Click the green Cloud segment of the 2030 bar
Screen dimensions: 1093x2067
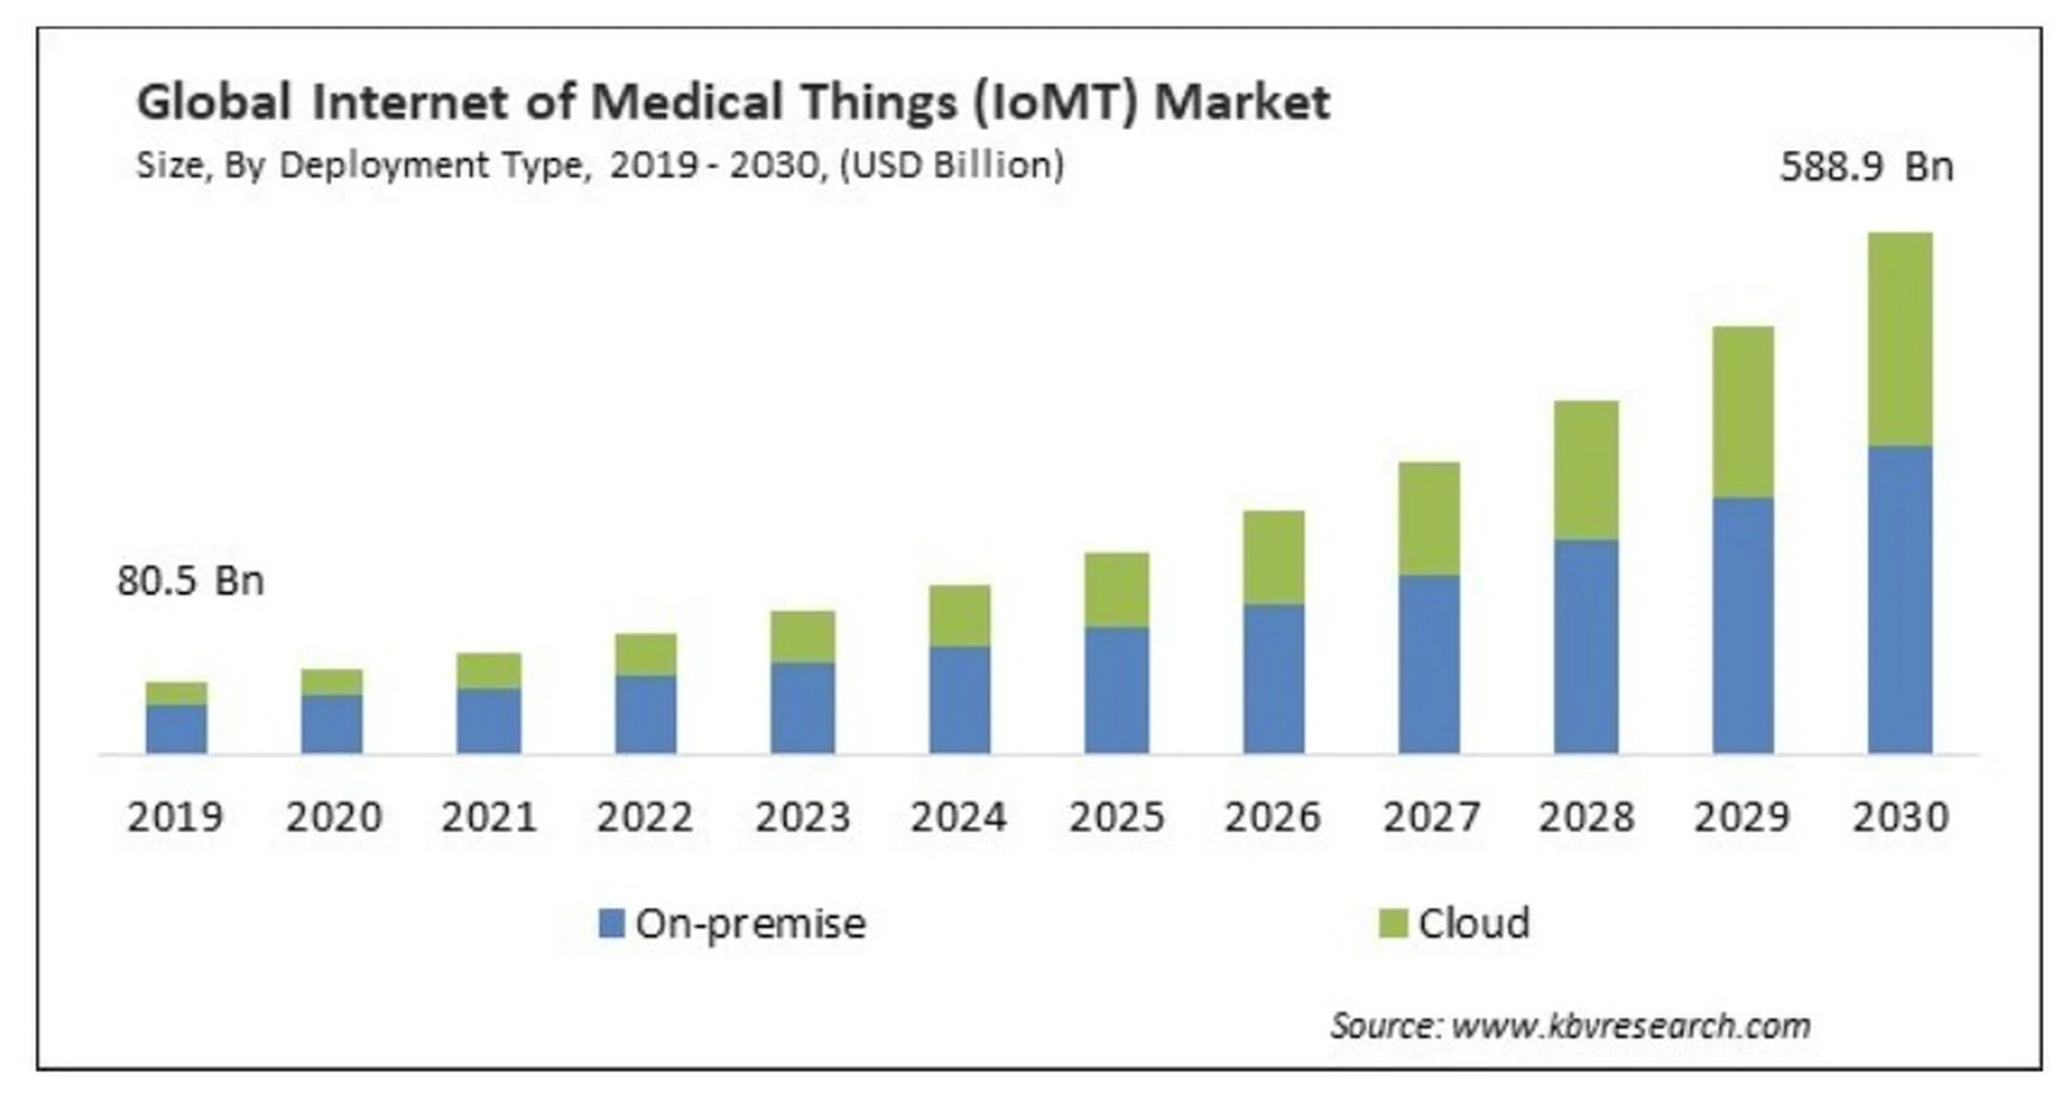click(x=1899, y=339)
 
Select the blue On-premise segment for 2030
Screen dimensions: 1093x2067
click(x=1899, y=599)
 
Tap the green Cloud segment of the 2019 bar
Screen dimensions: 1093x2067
click(x=176, y=693)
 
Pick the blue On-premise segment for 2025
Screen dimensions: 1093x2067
click(x=1116, y=689)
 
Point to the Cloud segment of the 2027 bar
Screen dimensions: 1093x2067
click(x=1429, y=519)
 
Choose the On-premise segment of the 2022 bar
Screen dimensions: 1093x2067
click(x=645, y=714)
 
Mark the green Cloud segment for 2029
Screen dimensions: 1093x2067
click(x=1743, y=412)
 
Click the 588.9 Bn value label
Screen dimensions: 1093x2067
click(x=1866, y=167)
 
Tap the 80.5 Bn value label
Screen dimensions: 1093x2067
click(x=190, y=580)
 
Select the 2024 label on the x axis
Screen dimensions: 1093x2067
click(x=958, y=817)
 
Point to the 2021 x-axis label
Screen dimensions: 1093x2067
click(x=488, y=817)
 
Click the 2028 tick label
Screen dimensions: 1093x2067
click(x=1585, y=817)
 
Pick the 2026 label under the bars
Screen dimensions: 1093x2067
click(x=1272, y=817)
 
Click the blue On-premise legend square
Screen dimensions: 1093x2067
click(x=612, y=923)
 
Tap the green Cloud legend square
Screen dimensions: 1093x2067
click(x=1393, y=923)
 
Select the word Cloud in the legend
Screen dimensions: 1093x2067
click(x=1474, y=923)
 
